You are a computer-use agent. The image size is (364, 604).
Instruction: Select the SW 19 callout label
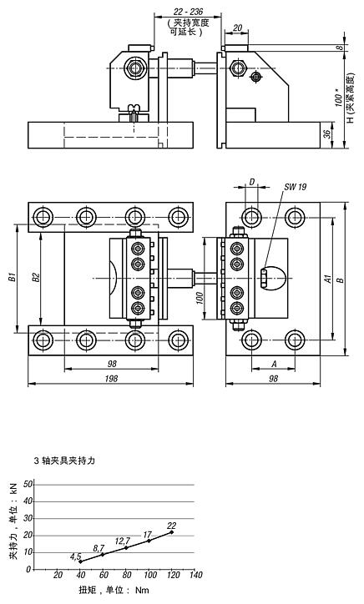(x=294, y=187)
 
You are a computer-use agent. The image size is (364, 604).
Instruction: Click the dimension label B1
(x=12, y=276)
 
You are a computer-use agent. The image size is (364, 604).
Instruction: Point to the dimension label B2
(x=33, y=276)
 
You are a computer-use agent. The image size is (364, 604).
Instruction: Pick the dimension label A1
(x=327, y=278)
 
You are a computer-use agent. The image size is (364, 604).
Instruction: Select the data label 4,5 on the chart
(x=75, y=556)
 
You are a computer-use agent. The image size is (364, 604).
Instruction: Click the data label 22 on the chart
(x=173, y=525)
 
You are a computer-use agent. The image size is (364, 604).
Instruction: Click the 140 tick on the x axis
(x=195, y=576)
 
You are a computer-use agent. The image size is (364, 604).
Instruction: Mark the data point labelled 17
(x=149, y=541)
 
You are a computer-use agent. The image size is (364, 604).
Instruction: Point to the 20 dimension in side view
(x=239, y=28)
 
